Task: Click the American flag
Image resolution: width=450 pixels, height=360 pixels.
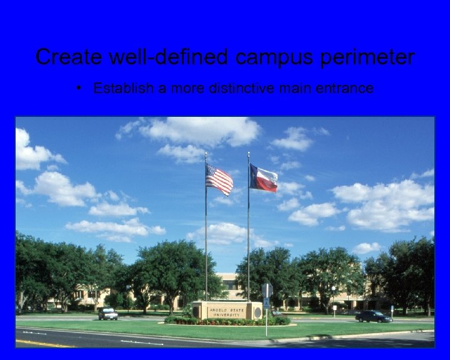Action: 219,179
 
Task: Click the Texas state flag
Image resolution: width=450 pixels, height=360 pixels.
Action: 263,178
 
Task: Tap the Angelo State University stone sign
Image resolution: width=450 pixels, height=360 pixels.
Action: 226,310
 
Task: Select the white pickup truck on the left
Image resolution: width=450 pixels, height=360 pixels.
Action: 107,314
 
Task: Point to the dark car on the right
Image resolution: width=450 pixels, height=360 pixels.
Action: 373,316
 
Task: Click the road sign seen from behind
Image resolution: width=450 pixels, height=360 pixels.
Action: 267,290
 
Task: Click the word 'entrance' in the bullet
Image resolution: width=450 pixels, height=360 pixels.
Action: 349,88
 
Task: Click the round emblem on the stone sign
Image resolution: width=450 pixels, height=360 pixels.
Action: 257,311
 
